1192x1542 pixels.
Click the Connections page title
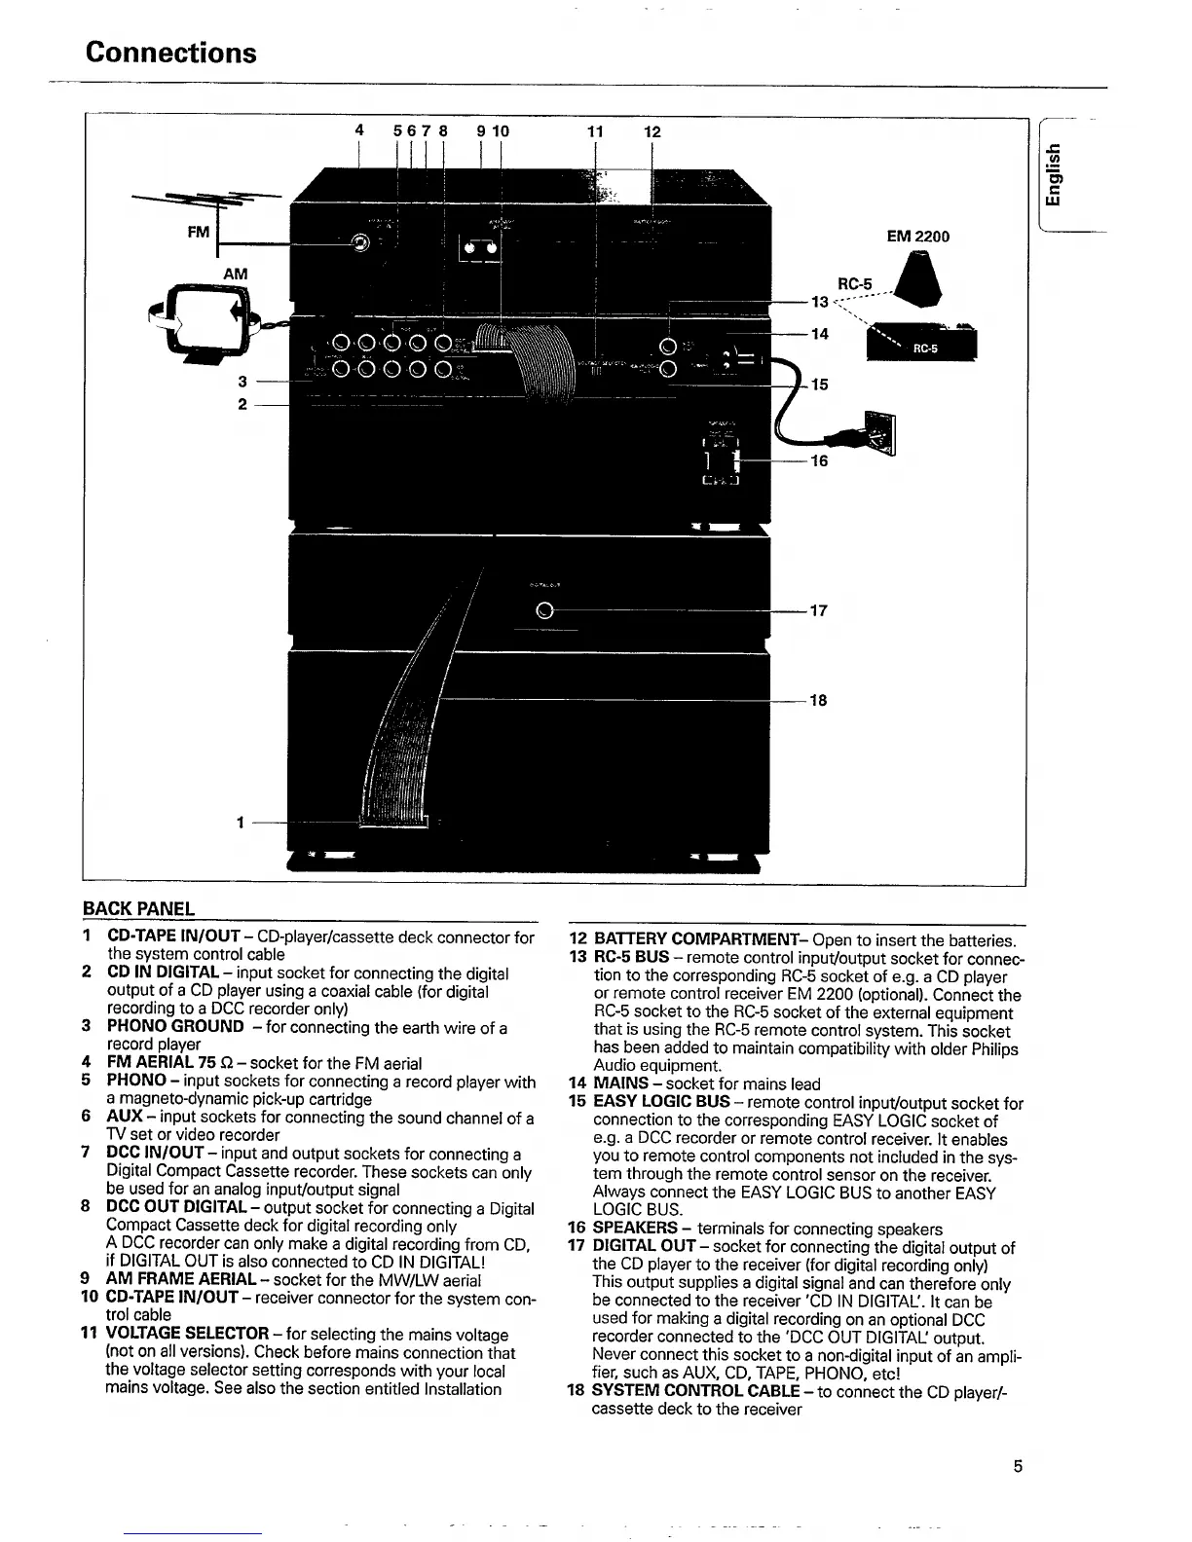point(170,52)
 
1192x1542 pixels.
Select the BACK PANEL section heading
point(138,909)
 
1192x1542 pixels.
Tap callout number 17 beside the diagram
point(819,611)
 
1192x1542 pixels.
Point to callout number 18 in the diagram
point(819,700)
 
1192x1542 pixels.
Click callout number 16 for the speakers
point(819,460)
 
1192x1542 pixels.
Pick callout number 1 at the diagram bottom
point(239,823)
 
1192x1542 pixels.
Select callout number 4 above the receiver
point(359,130)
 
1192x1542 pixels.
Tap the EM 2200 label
point(917,236)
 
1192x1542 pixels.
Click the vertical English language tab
point(1052,175)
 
